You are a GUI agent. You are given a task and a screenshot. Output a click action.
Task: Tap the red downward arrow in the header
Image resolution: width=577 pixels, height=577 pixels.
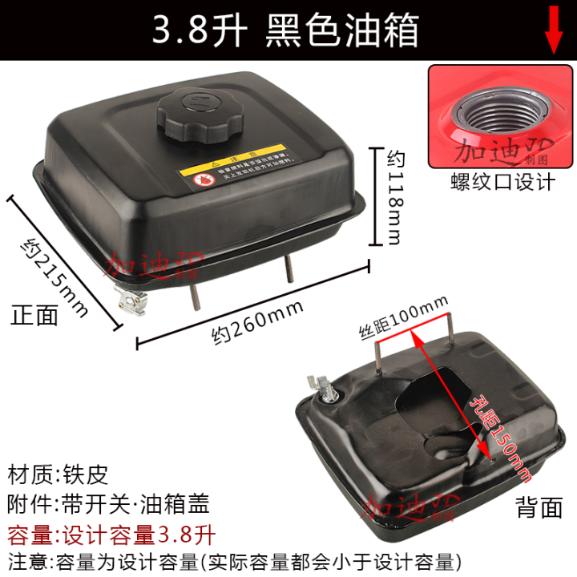tap(554, 29)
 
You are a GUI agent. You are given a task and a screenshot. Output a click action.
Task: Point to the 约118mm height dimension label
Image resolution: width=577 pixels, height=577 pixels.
tap(393, 196)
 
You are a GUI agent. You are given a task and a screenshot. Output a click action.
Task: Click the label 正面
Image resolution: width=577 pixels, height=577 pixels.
tap(35, 315)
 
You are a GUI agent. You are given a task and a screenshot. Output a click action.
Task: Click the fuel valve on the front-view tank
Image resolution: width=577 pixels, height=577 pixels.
tap(131, 301)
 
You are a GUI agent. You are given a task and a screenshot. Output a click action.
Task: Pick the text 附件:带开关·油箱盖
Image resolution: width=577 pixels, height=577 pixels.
tap(109, 504)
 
